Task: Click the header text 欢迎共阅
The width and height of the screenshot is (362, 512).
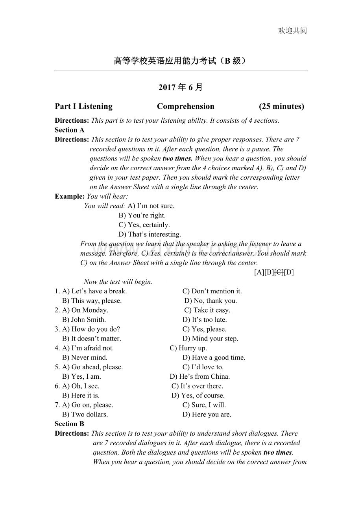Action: click(x=292, y=31)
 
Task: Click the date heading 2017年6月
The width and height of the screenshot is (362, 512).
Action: click(x=181, y=87)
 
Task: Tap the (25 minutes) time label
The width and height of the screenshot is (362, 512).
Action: click(x=281, y=106)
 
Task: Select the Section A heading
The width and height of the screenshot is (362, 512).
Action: click(x=70, y=130)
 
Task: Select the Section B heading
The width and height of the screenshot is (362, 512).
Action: click(x=70, y=424)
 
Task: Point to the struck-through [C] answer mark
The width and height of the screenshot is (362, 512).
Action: click(x=279, y=272)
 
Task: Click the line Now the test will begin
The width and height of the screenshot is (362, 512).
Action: click(x=118, y=282)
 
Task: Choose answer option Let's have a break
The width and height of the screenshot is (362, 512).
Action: click(x=99, y=291)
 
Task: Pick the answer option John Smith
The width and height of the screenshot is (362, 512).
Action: click(x=88, y=320)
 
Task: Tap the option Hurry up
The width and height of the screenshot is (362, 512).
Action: click(x=192, y=348)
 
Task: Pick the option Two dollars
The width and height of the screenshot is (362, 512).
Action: click(x=89, y=414)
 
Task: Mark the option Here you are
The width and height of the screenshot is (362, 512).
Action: click(x=211, y=414)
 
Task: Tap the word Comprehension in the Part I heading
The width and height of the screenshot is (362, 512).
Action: click(x=186, y=106)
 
